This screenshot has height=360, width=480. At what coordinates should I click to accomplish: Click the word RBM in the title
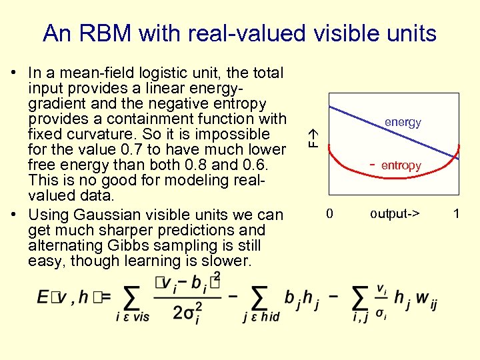(x=113, y=33)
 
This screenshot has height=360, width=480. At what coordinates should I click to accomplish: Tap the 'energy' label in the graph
(x=403, y=122)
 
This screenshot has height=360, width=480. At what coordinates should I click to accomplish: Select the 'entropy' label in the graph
(x=401, y=165)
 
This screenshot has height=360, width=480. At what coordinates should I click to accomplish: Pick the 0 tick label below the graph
(x=329, y=214)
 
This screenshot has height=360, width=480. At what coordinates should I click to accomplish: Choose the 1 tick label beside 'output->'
(x=456, y=214)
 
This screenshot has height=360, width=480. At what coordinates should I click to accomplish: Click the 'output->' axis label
(x=395, y=214)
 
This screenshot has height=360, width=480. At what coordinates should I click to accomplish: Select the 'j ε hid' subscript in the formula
(x=261, y=318)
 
